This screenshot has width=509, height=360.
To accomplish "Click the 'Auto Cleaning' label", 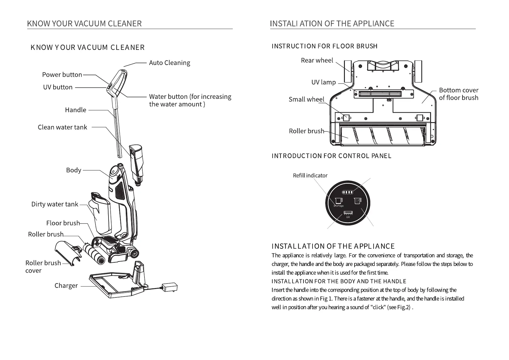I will [x=170, y=63].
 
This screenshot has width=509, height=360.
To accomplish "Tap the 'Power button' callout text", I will [x=62, y=75].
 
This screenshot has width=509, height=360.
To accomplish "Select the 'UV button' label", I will [x=58, y=87].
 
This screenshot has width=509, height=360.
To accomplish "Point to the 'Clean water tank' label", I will [x=62, y=127].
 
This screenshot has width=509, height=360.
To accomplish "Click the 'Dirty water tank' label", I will [x=55, y=204].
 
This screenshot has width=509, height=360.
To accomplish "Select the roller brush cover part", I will [x=68, y=253].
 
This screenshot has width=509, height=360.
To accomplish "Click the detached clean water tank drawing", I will [x=136, y=163].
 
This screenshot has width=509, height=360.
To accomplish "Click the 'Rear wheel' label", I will [x=317, y=60].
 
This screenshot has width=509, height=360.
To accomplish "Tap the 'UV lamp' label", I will [x=323, y=82].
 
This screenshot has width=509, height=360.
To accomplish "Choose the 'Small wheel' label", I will [x=306, y=99].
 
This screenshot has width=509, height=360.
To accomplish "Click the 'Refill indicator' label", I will [x=310, y=176].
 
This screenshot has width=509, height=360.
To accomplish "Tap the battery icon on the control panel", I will [x=348, y=192].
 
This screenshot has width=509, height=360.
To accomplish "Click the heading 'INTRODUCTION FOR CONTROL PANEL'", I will [x=331, y=156].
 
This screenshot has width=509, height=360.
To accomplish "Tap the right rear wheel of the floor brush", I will [x=418, y=71].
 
